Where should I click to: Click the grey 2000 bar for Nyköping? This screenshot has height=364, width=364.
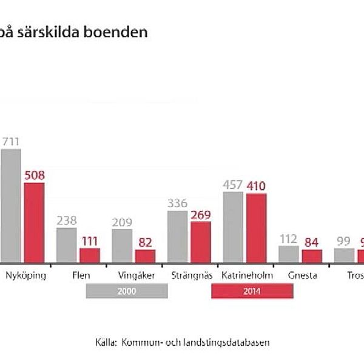click(x=10, y=206)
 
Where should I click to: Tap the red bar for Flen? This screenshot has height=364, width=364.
click(x=89, y=255)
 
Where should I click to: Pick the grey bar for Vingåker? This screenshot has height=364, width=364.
click(x=122, y=246)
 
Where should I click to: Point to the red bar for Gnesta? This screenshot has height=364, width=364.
click(x=312, y=255)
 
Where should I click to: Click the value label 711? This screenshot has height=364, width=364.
click(x=10, y=141)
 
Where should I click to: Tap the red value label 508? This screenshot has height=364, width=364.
click(x=34, y=175)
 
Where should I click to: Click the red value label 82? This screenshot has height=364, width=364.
click(x=145, y=242)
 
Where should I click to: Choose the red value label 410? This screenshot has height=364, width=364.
click(x=257, y=186)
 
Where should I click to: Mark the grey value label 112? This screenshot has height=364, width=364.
click(x=289, y=238)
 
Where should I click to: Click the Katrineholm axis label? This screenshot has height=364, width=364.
click(x=248, y=275)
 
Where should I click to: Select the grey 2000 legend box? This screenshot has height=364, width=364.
click(x=127, y=292)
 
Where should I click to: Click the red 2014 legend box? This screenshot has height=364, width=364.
click(x=252, y=292)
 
